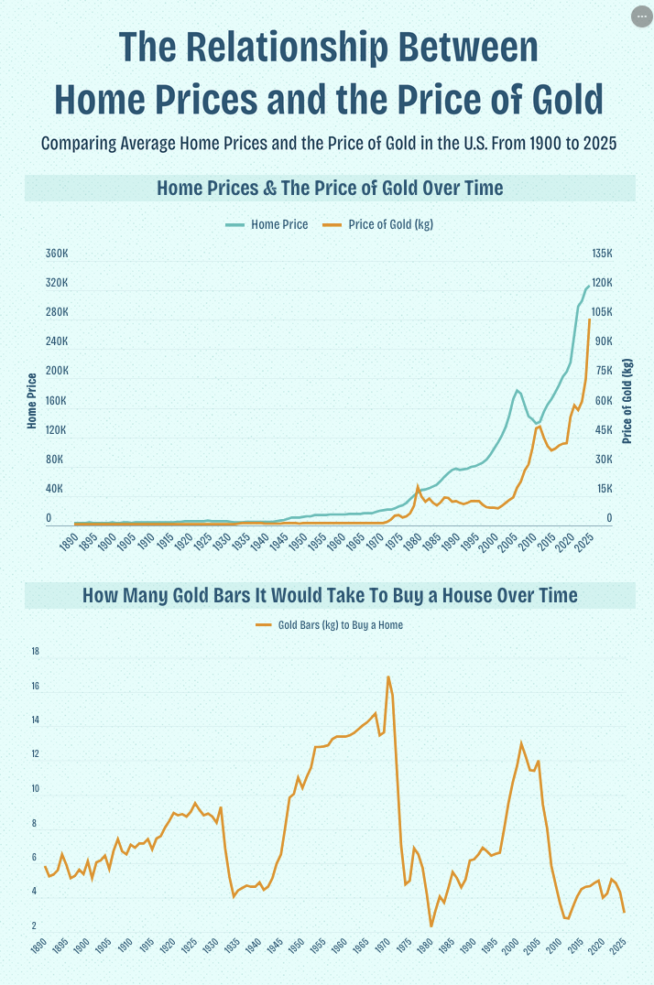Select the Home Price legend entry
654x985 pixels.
[279, 224]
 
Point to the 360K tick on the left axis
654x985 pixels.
[57, 254]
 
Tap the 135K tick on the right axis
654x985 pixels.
[601, 254]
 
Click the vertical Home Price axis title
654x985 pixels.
[32, 401]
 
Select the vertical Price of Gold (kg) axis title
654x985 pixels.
[627, 401]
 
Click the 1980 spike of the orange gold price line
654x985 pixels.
[418, 487]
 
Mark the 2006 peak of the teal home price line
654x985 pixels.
[518, 391]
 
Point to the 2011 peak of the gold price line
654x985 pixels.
[539, 426]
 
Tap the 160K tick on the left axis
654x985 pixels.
[57, 401]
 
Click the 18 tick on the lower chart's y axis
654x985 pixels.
[36, 652]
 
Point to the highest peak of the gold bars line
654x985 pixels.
[388, 677]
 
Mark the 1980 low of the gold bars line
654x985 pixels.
[431, 926]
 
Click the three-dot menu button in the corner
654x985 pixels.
[641, 16]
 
